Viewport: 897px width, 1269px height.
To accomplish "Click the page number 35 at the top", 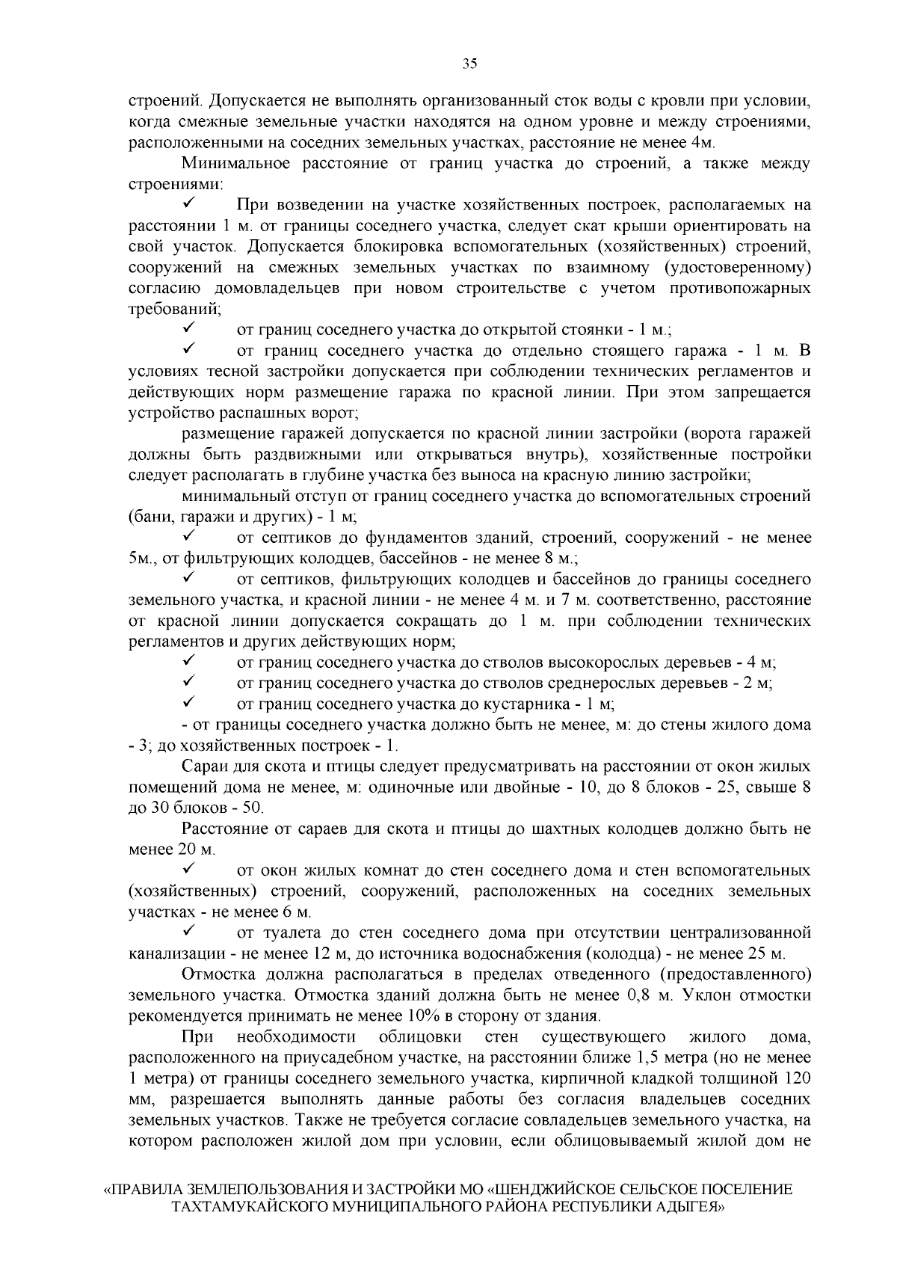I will pyautogui.click(x=469, y=64).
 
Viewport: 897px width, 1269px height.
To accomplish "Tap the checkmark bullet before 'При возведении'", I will pyautogui.click(x=188, y=203).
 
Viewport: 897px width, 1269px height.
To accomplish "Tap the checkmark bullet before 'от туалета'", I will pyautogui.click(x=188, y=932).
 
